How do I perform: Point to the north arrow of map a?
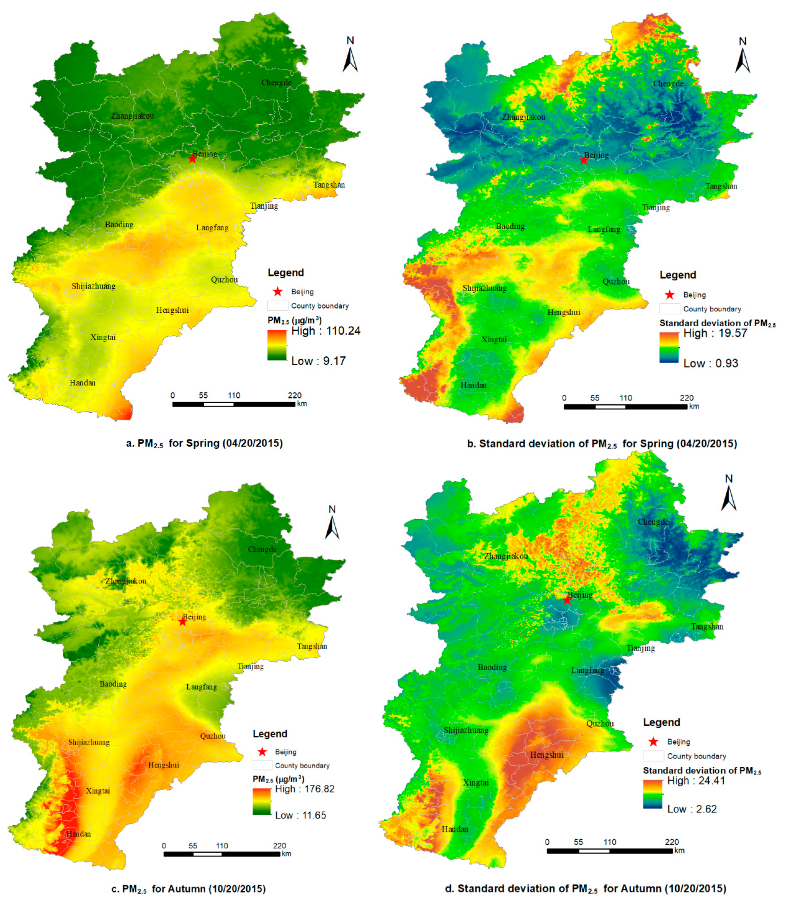pos(350,57)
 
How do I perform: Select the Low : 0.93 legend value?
pos(710,363)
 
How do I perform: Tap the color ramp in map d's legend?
pos(652,794)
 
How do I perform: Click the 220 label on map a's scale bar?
pos(295,395)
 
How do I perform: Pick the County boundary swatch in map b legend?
pos(669,308)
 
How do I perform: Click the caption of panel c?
pos(188,888)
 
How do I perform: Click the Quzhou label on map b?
pos(616,281)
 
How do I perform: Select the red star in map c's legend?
pos(262,752)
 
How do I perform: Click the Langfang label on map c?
pos(201,687)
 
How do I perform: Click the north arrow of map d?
pos(729,495)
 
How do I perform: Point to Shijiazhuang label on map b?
pos(484,288)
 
